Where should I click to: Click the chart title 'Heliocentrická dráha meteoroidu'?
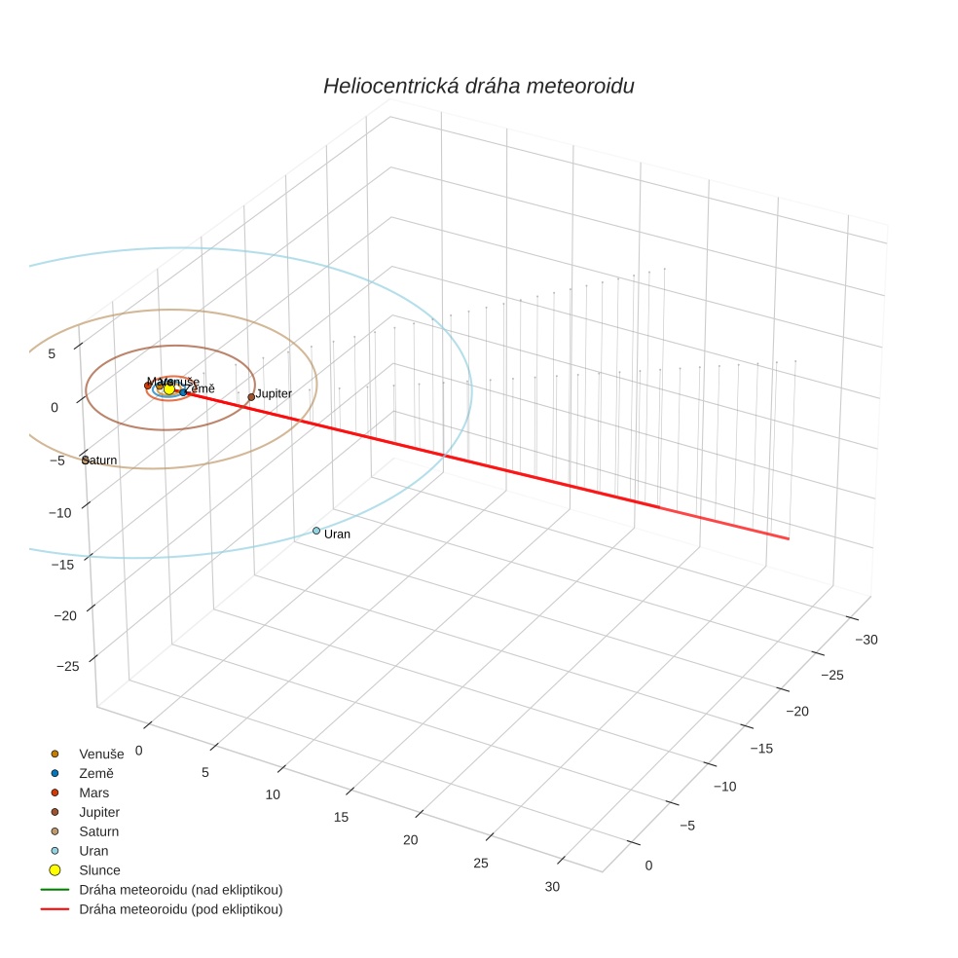[478, 86]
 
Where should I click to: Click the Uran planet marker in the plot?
[316, 531]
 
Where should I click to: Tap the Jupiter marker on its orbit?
[251, 396]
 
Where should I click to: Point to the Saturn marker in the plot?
[86, 460]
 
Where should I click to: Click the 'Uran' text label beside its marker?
[337, 534]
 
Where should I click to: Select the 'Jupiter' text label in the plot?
[274, 393]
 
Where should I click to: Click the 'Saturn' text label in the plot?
[101, 460]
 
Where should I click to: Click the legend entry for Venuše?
[101, 754]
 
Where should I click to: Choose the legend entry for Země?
[96, 773]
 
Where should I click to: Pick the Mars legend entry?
[93, 792]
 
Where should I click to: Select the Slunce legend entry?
[99, 869]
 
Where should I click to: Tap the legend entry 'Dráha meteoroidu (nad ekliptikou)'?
[180, 889]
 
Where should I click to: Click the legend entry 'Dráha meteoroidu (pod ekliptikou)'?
[180, 909]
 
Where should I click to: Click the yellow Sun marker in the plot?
[169, 388]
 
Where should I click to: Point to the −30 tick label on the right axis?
[866, 640]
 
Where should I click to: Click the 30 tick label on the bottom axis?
[552, 886]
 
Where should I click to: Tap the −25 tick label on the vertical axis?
[68, 666]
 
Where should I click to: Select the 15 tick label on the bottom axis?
[341, 817]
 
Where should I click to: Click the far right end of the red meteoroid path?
[788, 538]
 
